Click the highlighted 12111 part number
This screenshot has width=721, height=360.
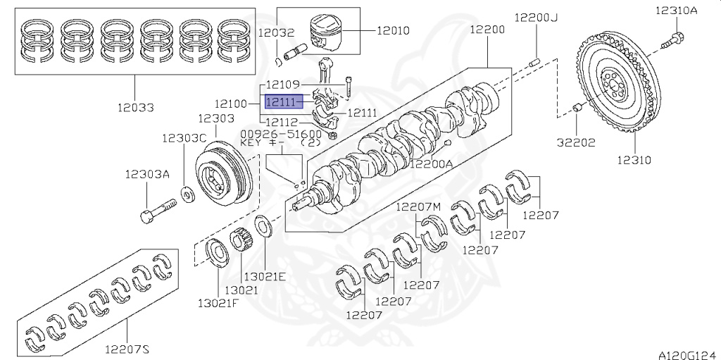(282, 101)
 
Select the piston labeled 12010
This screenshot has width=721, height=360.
(326, 33)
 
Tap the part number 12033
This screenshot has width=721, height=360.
(135, 108)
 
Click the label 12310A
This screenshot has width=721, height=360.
(677, 10)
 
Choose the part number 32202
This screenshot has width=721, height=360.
(576, 143)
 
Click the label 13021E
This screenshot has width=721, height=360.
(265, 276)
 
